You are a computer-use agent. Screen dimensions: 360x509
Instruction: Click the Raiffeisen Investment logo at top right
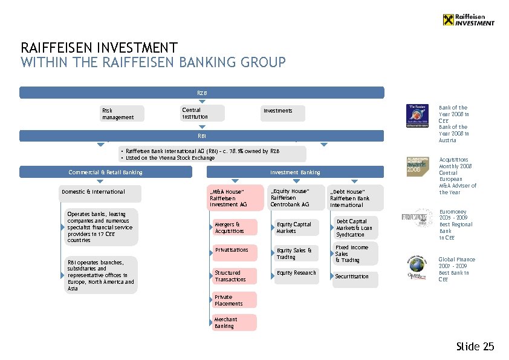coord(468,19)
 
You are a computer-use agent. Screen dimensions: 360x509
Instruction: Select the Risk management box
coord(122,114)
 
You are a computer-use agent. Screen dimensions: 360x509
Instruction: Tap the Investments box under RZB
coord(283,113)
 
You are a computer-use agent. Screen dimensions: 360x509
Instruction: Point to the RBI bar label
coord(202,136)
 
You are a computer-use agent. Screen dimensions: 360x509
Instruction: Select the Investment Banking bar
coord(295,172)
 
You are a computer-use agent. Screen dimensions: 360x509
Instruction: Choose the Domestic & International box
coord(100,194)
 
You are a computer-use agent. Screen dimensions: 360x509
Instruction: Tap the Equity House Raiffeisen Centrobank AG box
coord(293,197)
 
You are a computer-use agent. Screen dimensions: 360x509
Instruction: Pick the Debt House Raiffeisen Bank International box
coord(355,198)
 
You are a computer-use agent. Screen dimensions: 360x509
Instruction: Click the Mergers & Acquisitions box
coord(235,227)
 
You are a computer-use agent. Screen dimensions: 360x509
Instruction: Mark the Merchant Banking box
coord(235,322)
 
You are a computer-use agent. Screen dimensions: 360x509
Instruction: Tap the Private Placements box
coord(235,300)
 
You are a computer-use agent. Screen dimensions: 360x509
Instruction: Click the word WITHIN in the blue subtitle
coord(40,62)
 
